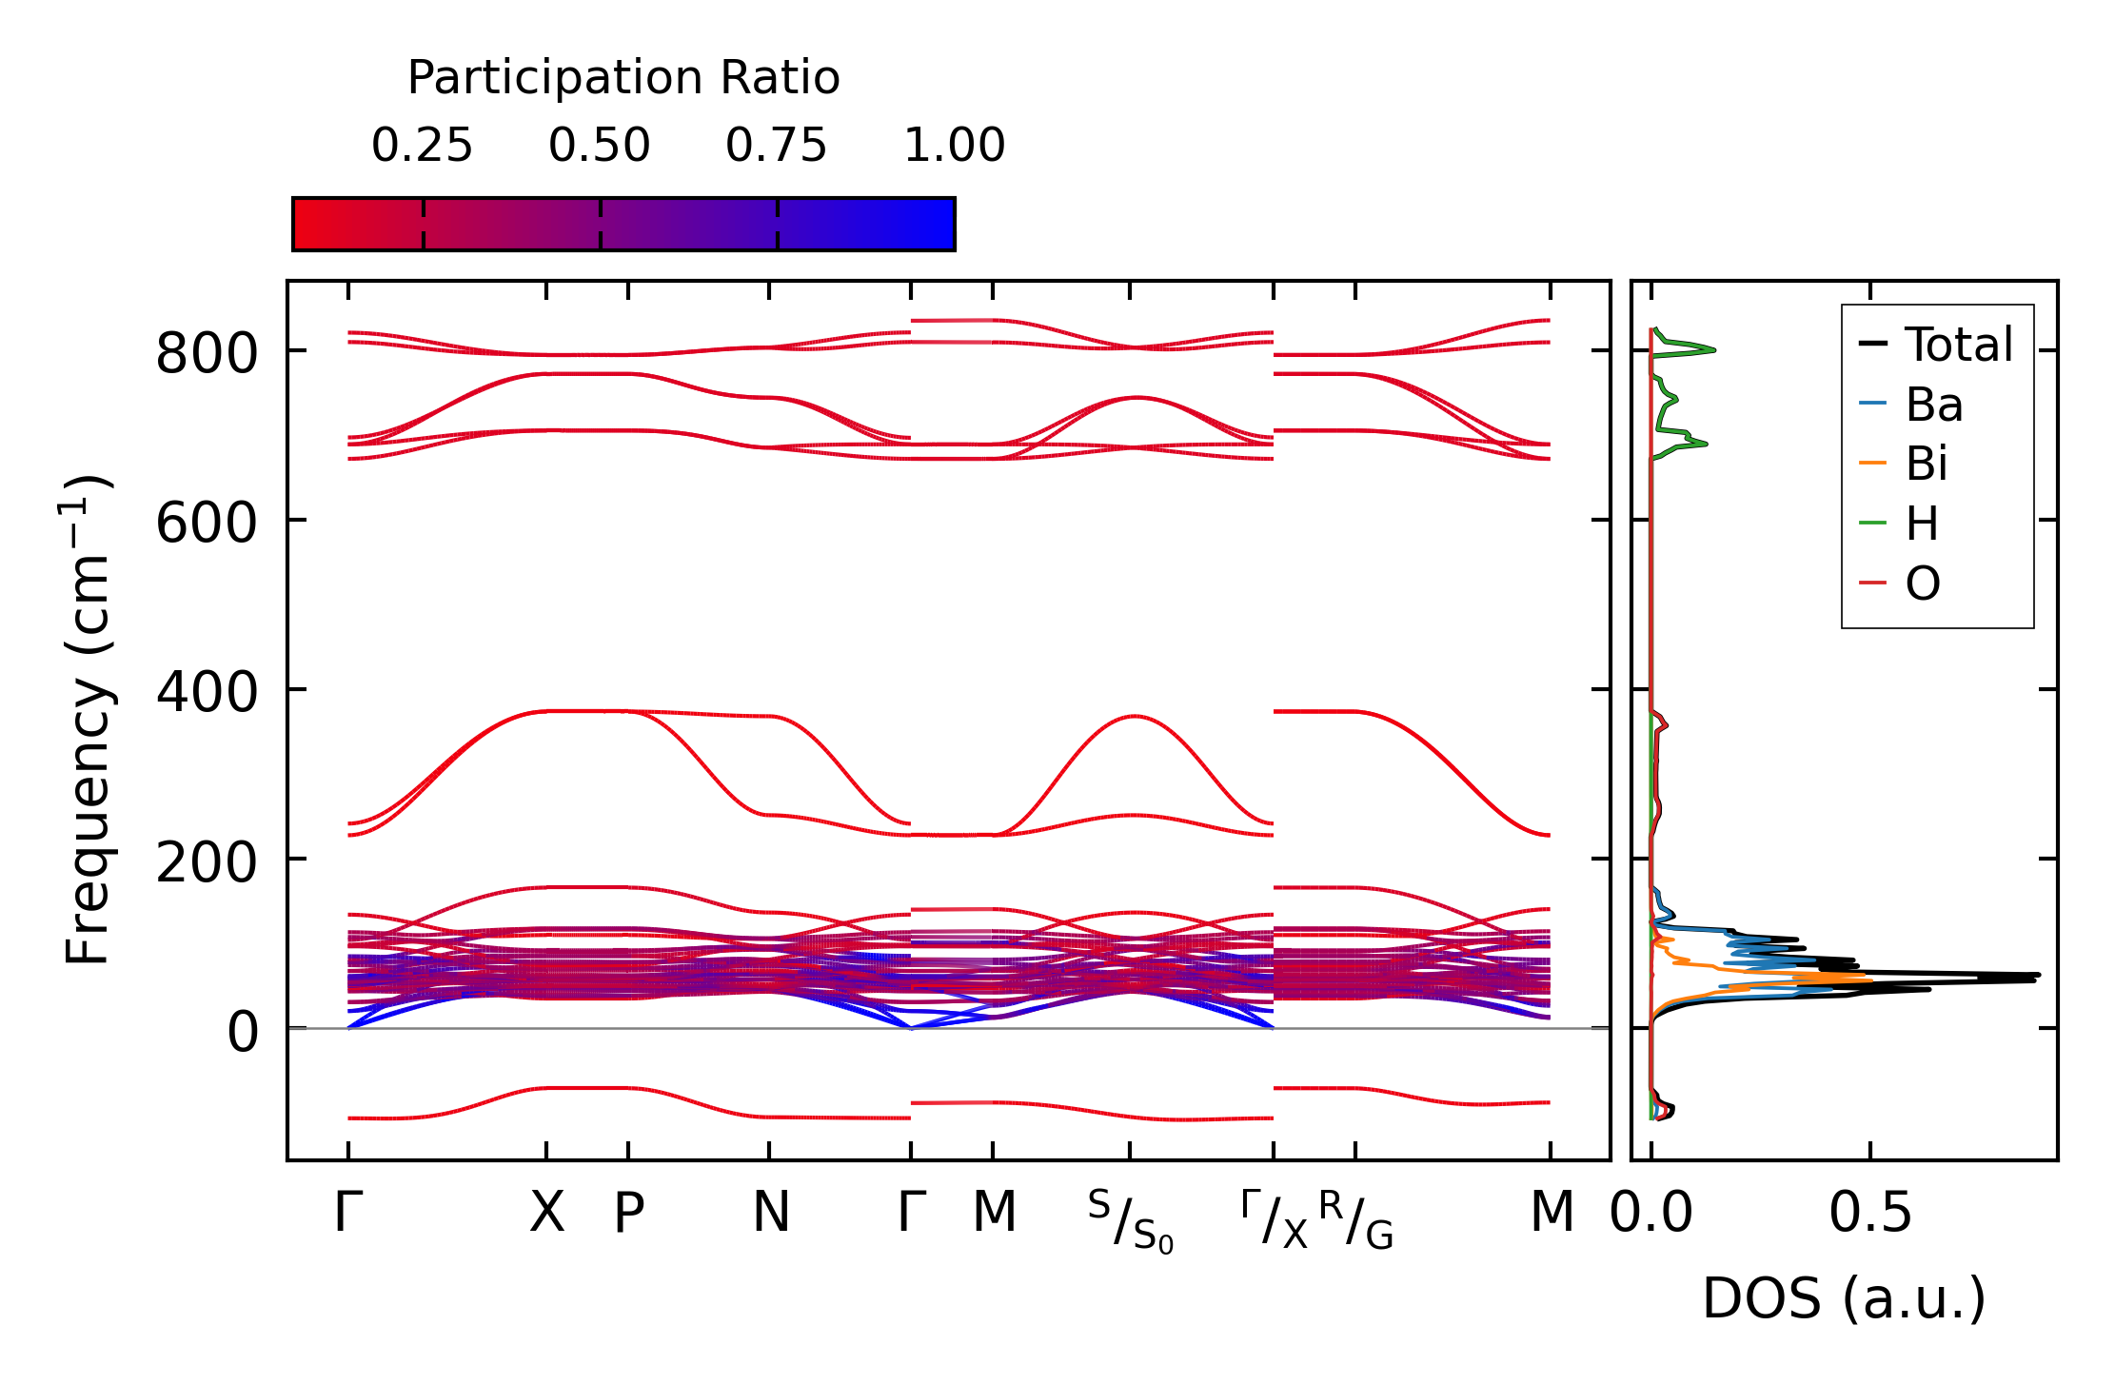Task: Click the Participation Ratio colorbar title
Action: pos(623,78)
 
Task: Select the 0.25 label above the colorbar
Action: pos(422,146)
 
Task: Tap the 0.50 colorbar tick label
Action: pos(599,146)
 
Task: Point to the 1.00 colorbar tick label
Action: pos(954,146)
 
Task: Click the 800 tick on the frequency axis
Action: pos(207,353)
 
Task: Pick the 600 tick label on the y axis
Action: pos(207,523)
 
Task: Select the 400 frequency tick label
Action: pos(207,692)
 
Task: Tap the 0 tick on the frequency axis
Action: pos(243,1032)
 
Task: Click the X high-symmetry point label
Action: pos(546,1213)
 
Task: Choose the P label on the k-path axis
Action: pos(628,1213)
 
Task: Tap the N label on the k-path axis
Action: pos(770,1213)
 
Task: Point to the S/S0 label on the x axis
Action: pos(1131,1220)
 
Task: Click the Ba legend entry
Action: pos(1933,405)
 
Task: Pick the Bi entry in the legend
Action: pos(1927,464)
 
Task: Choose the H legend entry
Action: pos(1922,524)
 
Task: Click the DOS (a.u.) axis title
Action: pos(1844,1298)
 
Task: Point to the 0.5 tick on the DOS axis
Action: pos(1870,1213)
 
